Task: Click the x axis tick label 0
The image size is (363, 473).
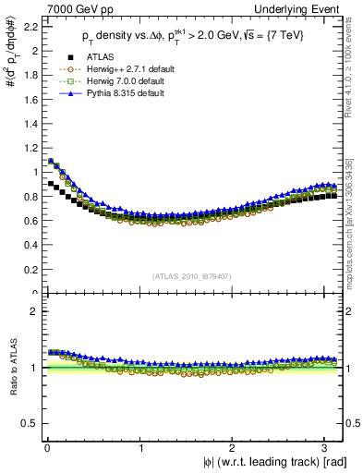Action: pos(47,449)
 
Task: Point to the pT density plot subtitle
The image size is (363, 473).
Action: pos(194,38)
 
